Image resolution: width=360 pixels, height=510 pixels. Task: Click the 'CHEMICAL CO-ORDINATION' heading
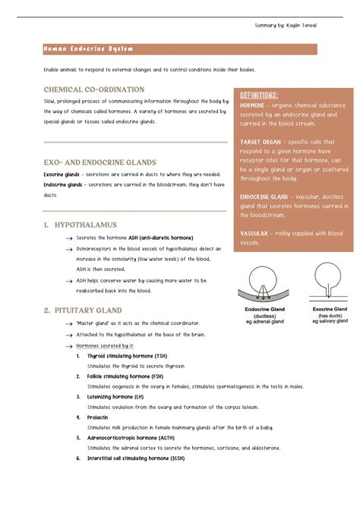[x=94, y=90]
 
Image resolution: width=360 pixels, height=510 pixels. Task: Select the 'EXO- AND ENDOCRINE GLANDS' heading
[x=99, y=162]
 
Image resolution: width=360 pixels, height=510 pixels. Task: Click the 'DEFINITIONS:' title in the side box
[x=264, y=94]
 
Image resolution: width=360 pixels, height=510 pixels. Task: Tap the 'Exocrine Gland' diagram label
[x=330, y=310]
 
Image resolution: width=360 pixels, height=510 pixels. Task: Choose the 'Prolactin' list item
[x=98, y=417]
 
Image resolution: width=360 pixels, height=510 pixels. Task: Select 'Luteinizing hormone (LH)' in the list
[x=115, y=396]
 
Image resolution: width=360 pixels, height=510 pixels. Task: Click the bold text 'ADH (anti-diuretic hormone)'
[x=160, y=238]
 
